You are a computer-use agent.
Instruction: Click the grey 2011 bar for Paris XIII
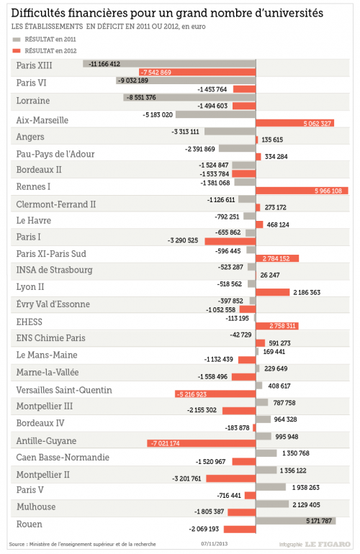click(169, 63)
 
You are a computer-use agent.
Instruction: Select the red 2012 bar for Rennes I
click(302, 191)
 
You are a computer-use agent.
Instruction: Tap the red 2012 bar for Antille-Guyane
click(202, 443)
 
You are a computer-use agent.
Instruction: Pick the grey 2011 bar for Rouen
click(296, 520)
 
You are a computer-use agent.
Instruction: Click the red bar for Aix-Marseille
click(295, 123)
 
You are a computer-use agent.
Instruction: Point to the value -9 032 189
click(133, 81)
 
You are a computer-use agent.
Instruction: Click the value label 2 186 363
click(307, 293)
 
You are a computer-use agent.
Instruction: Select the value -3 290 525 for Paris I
click(183, 240)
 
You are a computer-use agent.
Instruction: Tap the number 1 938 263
click(305, 488)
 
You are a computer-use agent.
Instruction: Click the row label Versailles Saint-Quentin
click(64, 390)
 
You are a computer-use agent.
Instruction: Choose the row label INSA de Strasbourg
click(55, 270)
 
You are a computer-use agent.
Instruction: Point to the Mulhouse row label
click(36, 507)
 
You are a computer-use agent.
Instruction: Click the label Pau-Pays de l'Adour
click(55, 154)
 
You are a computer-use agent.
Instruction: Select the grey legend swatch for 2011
click(17, 40)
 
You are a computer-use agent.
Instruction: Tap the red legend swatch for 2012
click(17, 51)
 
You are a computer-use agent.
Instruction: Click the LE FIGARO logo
click(328, 545)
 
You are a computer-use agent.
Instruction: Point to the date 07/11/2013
click(215, 544)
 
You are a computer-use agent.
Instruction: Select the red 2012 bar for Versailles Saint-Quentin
click(215, 394)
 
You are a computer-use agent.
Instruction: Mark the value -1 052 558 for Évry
click(220, 310)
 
